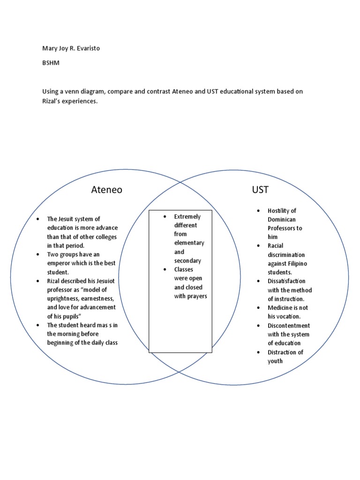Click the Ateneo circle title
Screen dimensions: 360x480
(x=106, y=190)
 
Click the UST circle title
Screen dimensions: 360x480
(x=260, y=190)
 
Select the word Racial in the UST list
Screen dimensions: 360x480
(x=276, y=246)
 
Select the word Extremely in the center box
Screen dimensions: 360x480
(x=187, y=217)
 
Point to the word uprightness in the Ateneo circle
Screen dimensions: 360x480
(x=65, y=299)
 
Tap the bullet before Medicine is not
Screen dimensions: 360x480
(x=259, y=308)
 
